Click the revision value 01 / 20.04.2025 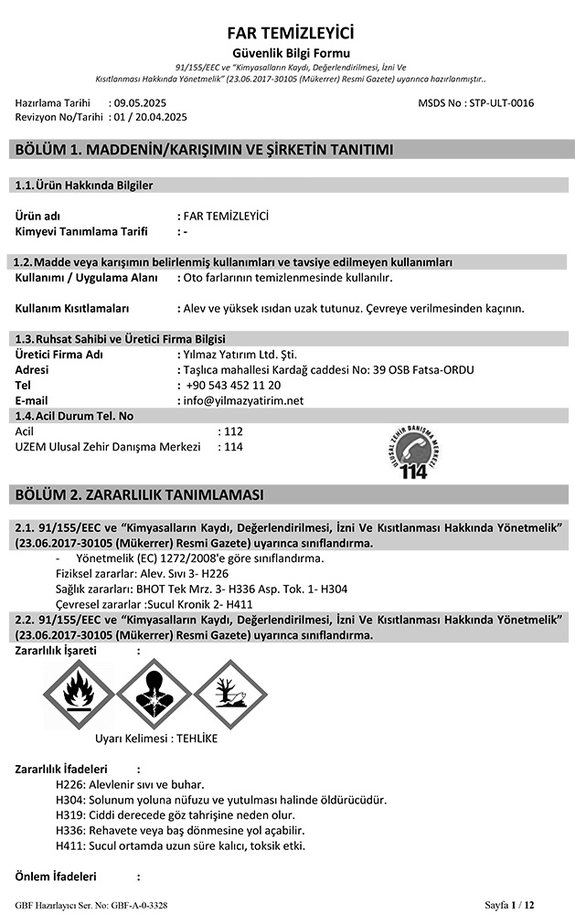click(x=150, y=117)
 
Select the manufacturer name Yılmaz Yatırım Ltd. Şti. click(x=240, y=354)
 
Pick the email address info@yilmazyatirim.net click(x=243, y=400)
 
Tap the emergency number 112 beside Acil click(x=233, y=430)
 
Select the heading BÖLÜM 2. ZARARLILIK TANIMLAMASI click(x=140, y=494)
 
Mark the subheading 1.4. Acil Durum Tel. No click(x=75, y=416)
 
